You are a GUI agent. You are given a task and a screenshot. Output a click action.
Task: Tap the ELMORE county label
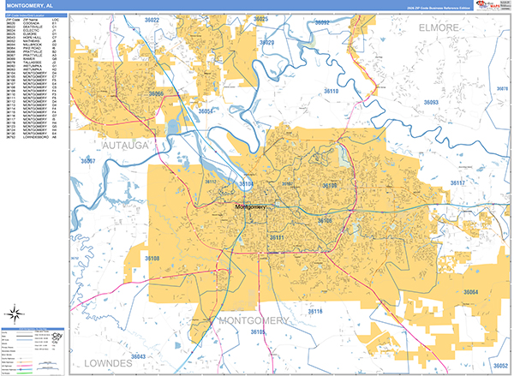pos(440,28)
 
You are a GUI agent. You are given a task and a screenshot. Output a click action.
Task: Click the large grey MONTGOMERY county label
pos(254,321)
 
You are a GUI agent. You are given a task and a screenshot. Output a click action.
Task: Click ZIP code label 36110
pos(331,91)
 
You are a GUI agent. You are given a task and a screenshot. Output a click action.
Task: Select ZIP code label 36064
pos(470,293)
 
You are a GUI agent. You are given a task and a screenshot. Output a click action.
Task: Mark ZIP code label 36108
pos(152,258)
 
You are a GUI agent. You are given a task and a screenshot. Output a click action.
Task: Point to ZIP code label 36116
pos(315,311)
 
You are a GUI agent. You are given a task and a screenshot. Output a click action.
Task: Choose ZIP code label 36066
pos(157,93)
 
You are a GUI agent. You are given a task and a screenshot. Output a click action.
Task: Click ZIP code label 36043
pos(139,356)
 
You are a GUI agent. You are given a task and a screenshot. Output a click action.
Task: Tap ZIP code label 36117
pos(457,183)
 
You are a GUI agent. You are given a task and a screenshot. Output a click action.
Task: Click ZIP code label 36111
pos(276,236)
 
